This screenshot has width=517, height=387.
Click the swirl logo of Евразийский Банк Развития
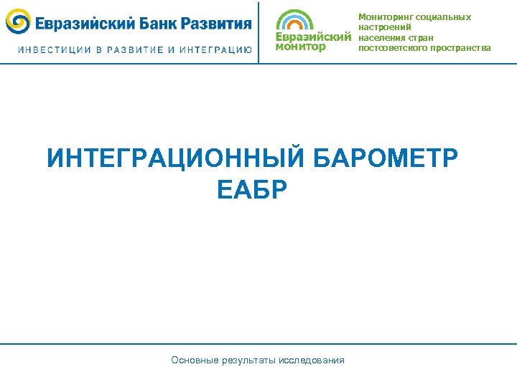pyautogui.click(x=18, y=22)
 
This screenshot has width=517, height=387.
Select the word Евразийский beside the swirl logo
pyautogui.click(x=83, y=23)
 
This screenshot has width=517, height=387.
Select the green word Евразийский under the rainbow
pyautogui.click(x=313, y=37)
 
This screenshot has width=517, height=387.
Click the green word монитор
pyautogui.click(x=300, y=47)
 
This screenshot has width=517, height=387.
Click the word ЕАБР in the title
pyautogui.click(x=251, y=190)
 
